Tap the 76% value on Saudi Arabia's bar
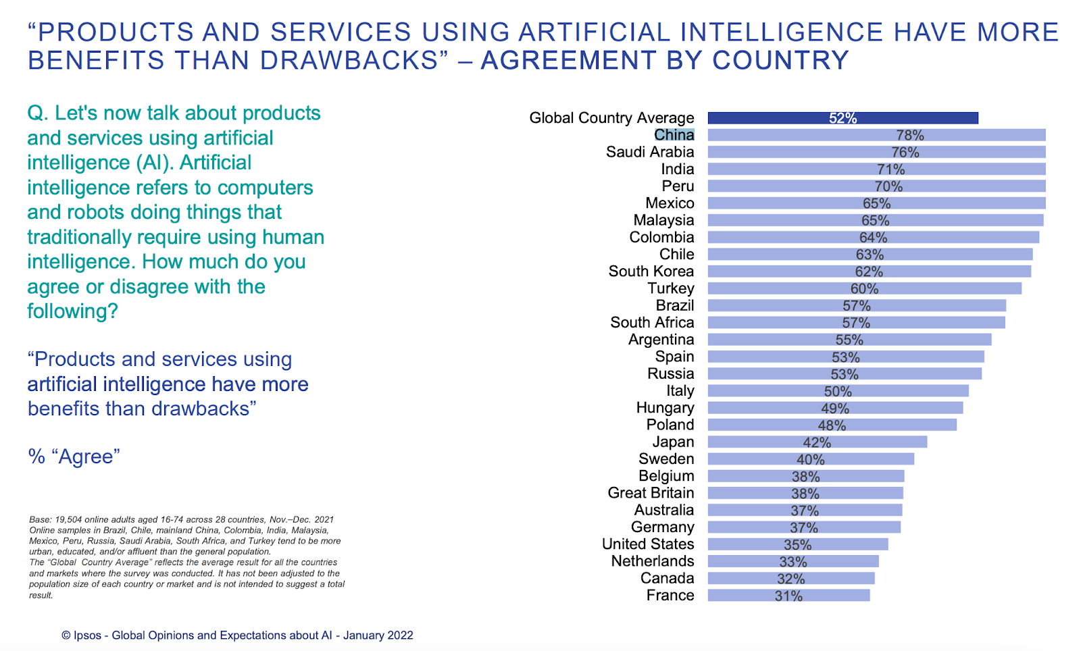(905, 153)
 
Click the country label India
(677, 169)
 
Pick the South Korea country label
(651, 271)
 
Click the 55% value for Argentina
(849, 340)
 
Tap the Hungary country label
(665, 408)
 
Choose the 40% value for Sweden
(810, 460)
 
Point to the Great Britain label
(651, 493)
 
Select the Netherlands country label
(652, 561)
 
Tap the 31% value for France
(788, 596)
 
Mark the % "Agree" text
(74, 457)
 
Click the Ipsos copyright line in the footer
(237, 635)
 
